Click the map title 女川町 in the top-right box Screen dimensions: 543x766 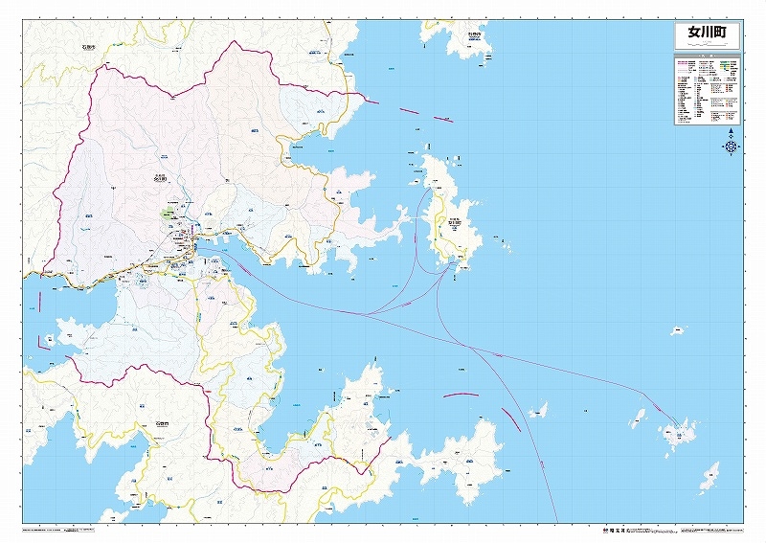click(x=707, y=33)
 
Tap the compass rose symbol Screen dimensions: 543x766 click(x=731, y=147)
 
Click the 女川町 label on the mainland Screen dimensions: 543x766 click(x=160, y=177)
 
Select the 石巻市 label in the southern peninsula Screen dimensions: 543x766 click(x=162, y=422)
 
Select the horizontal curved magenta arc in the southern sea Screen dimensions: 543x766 click(x=460, y=394)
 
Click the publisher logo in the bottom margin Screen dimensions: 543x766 click(x=613, y=528)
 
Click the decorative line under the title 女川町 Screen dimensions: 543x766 click(x=707, y=46)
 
